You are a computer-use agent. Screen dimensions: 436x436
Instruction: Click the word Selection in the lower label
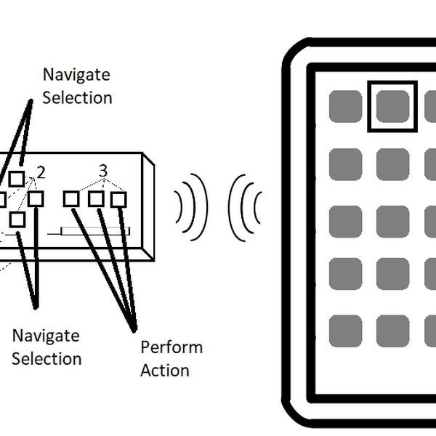pos(47,358)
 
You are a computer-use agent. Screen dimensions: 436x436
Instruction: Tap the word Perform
pos(171,347)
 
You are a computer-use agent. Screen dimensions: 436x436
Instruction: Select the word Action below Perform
pos(165,370)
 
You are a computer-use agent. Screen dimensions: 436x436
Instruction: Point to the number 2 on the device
pos(41,172)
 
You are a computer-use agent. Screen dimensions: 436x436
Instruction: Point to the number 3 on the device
pos(103,171)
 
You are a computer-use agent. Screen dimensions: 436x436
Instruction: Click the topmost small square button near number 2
pos(17,179)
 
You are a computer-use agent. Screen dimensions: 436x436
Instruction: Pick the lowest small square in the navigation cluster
pos(17,219)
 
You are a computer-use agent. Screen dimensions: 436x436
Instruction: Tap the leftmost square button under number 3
pos(70,198)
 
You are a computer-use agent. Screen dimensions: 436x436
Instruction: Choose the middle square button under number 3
pos(95,198)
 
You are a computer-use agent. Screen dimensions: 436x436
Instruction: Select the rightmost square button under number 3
pos(118,198)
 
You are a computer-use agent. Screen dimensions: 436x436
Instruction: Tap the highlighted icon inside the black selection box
pos(392,107)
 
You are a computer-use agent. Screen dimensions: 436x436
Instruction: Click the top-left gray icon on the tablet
pos(346,107)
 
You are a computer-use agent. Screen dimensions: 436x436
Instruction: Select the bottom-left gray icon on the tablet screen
pos(346,331)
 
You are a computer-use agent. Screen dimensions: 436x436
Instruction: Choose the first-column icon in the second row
pos(346,163)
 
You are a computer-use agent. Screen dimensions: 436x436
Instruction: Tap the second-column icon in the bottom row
pos(392,331)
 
